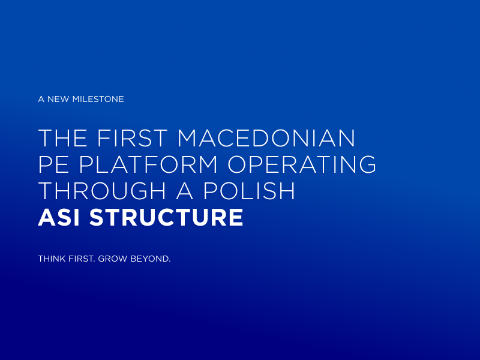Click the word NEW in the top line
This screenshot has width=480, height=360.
[58, 99]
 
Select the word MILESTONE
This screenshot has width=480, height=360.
[98, 99]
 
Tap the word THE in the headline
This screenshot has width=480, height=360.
[62, 138]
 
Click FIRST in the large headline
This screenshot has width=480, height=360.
[132, 138]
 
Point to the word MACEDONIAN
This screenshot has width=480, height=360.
[266, 138]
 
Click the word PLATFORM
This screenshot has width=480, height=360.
[148, 164]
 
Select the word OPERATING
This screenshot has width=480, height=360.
[302, 164]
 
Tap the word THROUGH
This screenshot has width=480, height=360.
[102, 191]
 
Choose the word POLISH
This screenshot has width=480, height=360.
[249, 191]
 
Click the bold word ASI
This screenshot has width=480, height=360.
[59, 217]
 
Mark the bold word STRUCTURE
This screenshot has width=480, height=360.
[166, 217]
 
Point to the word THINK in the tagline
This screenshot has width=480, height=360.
[52, 259]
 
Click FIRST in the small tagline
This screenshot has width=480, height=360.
[82, 259]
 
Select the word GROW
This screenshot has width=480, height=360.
[112, 259]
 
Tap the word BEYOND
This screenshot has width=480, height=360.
[149, 259]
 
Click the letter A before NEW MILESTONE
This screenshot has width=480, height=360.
[41, 99]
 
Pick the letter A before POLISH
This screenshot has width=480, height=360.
[185, 191]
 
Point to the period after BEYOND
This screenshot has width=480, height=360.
[170, 262]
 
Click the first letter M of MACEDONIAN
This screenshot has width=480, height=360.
[188, 138]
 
